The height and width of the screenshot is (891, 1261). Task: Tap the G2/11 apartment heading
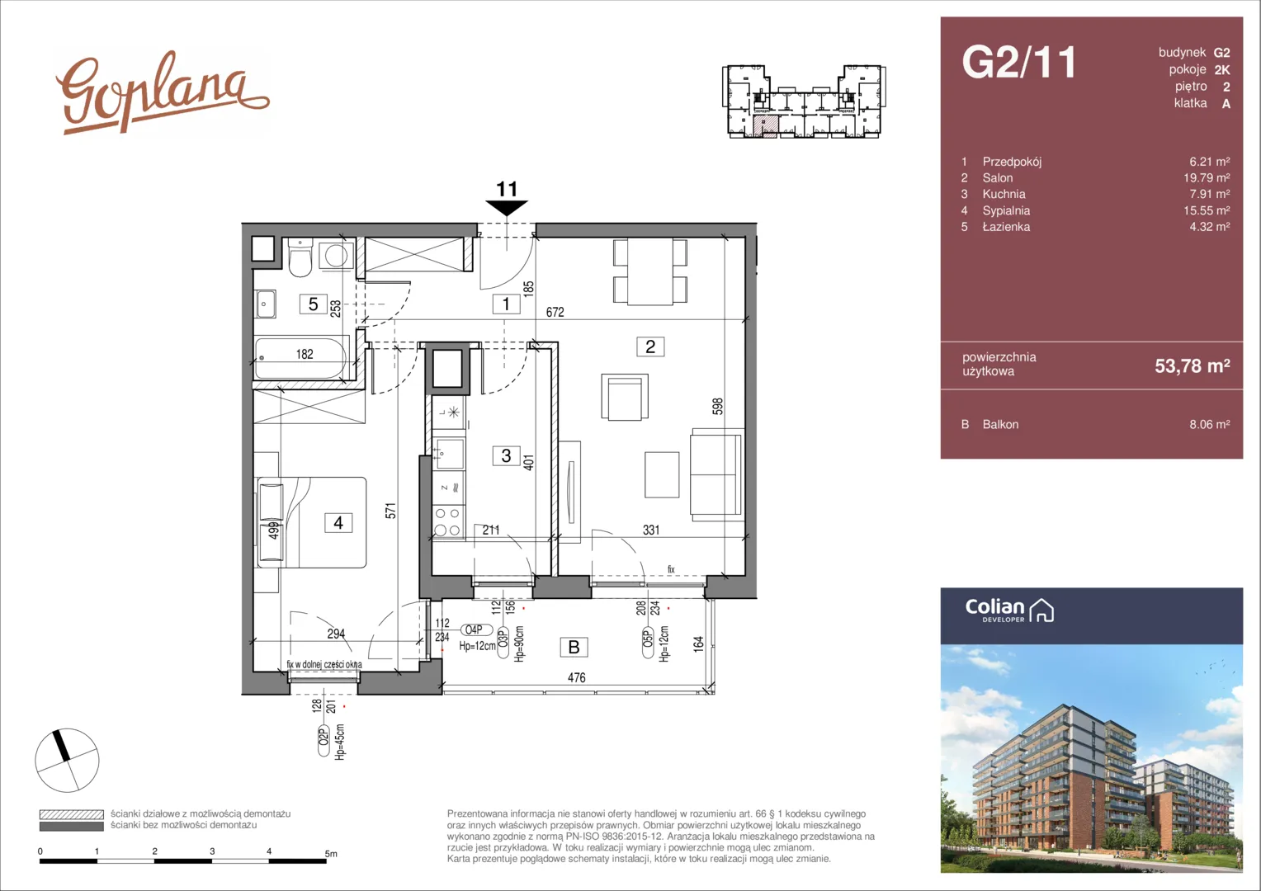point(1019,62)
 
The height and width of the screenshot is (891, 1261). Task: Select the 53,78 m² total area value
point(1193,365)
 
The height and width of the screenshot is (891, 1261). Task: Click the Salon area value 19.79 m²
point(1207,178)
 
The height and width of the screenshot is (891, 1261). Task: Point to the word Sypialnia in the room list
point(1006,210)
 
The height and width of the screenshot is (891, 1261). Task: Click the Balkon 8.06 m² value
point(1209,424)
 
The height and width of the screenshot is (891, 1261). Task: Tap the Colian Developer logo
point(1009,610)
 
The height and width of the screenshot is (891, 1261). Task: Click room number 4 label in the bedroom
point(338,523)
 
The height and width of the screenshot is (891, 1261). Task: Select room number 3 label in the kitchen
point(506,455)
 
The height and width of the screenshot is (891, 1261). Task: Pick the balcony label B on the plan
point(574,648)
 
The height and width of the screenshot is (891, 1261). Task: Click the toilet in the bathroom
point(300,257)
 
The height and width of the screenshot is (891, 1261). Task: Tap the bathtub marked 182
point(301,358)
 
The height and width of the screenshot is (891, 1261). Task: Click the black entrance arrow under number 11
point(507,208)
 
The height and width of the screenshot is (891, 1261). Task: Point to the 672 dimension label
point(555,312)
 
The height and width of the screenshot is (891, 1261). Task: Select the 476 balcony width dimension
point(577,677)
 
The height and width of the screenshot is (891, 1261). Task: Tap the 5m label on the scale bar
point(331,853)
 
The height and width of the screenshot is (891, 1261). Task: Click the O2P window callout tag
point(324,742)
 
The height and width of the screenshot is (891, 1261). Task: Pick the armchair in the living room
point(624,397)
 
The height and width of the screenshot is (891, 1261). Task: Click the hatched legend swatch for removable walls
point(72,814)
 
